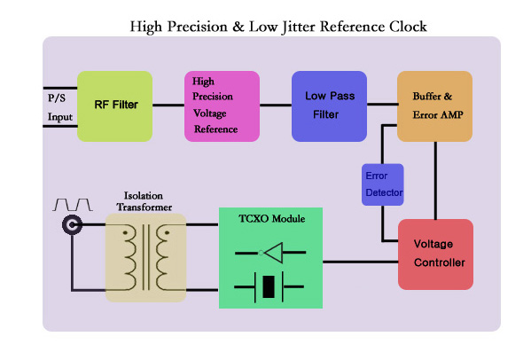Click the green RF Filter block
click(x=115, y=106)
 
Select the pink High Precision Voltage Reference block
click(x=222, y=106)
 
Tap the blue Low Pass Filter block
click(x=329, y=106)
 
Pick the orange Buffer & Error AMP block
click(x=435, y=106)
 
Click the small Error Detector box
click(x=383, y=184)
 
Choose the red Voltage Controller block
click(x=436, y=254)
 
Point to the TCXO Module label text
click(x=271, y=218)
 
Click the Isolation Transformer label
click(x=144, y=201)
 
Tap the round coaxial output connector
click(x=72, y=224)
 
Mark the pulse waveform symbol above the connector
click(x=73, y=205)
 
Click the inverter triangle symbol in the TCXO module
click(x=274, y=253)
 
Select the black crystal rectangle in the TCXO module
click(x=269, y=287)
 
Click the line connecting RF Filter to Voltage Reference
click(x=168, y=105)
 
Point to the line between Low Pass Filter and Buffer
click(x=382, y=104)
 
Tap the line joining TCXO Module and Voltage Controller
click(x=360, y=262)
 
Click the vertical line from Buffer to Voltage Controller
click(x=435, y=181)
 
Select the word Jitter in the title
click(x=299, y=27)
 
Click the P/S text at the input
click(x=57, y=98)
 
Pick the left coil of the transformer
click(x=129, y=257)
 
